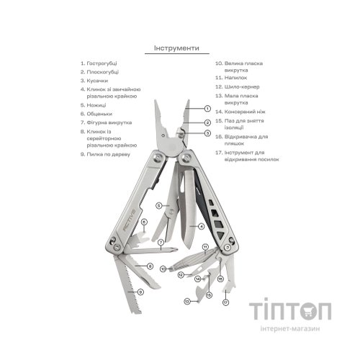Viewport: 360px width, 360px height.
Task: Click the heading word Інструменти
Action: click(176, 48)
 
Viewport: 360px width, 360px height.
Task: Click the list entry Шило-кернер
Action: click(238, 86)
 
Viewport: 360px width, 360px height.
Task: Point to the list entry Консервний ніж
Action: click(240, 112)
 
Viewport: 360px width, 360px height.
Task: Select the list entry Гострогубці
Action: click(99, 63)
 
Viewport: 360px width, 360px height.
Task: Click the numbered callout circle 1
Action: click(207, 109)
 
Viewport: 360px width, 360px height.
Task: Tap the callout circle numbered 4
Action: click(201, 226)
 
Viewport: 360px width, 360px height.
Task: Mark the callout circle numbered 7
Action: click(161, 243)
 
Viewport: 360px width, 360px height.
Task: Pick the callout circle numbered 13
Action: click(187, 301)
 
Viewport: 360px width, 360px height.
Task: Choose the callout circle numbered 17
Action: click(225, 302)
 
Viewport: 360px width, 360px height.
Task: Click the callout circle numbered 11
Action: click(205, 247)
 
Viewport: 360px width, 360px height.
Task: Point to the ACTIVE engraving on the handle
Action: click(130, 220)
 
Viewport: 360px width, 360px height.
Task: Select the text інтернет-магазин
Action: click(290, 328)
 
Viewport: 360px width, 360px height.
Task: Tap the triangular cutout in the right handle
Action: click(221, 235)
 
